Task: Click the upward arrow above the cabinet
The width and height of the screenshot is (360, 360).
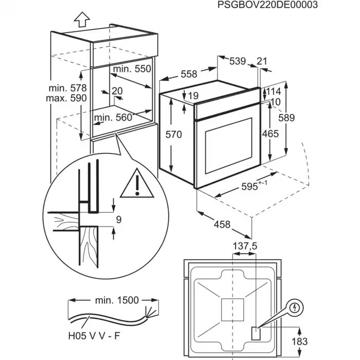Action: pyautogui.click(x=81, y=20)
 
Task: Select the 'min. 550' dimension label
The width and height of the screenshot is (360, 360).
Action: pyautogui.click(x=133, y=69)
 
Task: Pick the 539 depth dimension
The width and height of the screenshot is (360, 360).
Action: pyautogui.click(x=237, y=61)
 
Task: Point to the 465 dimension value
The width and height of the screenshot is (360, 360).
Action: pyautogui.click(x=270, y=134)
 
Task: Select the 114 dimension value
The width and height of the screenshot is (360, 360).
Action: pyautogui.click(x=273, y=92)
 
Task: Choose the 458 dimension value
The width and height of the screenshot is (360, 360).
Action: pyautogui.click(x=221, y=225)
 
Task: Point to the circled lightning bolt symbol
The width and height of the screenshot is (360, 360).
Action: pyautogui.click(x=294, y=308)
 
